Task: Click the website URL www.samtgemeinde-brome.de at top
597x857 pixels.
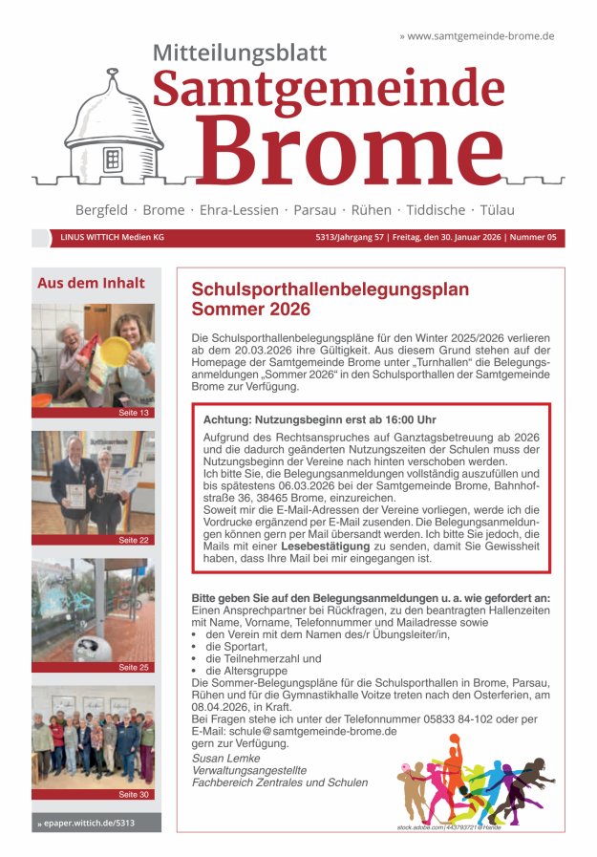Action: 480,35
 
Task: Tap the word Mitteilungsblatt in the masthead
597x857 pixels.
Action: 240,54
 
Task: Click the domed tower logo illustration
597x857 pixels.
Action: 113,128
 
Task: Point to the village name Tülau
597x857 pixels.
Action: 496,210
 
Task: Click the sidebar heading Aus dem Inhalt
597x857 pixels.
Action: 91,283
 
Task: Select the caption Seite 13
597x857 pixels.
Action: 134,413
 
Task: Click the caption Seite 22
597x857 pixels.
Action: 134,540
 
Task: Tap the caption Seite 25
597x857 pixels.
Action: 134,667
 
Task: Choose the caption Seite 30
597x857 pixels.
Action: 134,794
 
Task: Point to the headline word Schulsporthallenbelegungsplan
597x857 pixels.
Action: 330,289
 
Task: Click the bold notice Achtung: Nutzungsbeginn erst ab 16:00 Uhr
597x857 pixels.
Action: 319,419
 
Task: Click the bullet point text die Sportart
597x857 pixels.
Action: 233,646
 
